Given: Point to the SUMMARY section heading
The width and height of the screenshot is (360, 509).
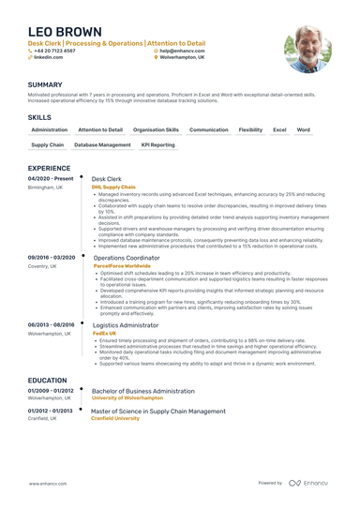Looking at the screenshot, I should pyautogui.click(x=46, y=84).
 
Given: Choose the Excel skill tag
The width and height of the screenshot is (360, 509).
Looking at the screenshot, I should pyautogui.click(x=279, y=129).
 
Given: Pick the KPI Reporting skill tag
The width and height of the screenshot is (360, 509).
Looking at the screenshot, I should pyautogui.click(x=157, y=145).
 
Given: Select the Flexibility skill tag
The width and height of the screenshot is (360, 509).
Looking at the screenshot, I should pyautogui.click(x=250, y=129).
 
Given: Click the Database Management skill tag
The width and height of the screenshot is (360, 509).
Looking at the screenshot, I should pyautogui.click(x=102, y=145).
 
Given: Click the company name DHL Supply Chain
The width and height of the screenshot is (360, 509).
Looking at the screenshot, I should pyautogui.click(x=113, y=187).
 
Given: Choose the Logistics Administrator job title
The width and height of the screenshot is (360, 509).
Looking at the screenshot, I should pyautogui.click(x=130, y=324).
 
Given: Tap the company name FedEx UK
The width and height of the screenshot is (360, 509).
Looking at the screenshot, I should pyautogui.click(x=105, y=333).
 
